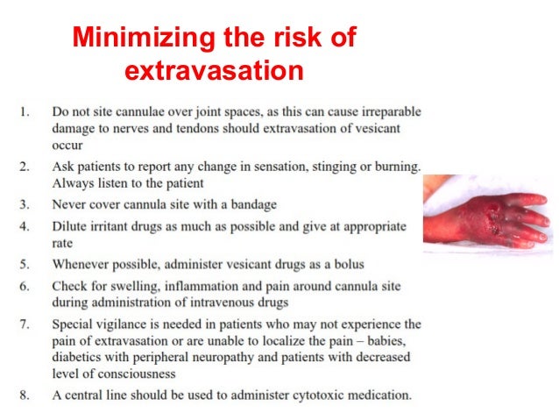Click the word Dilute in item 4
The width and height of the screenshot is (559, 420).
(x=70, y=226)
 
